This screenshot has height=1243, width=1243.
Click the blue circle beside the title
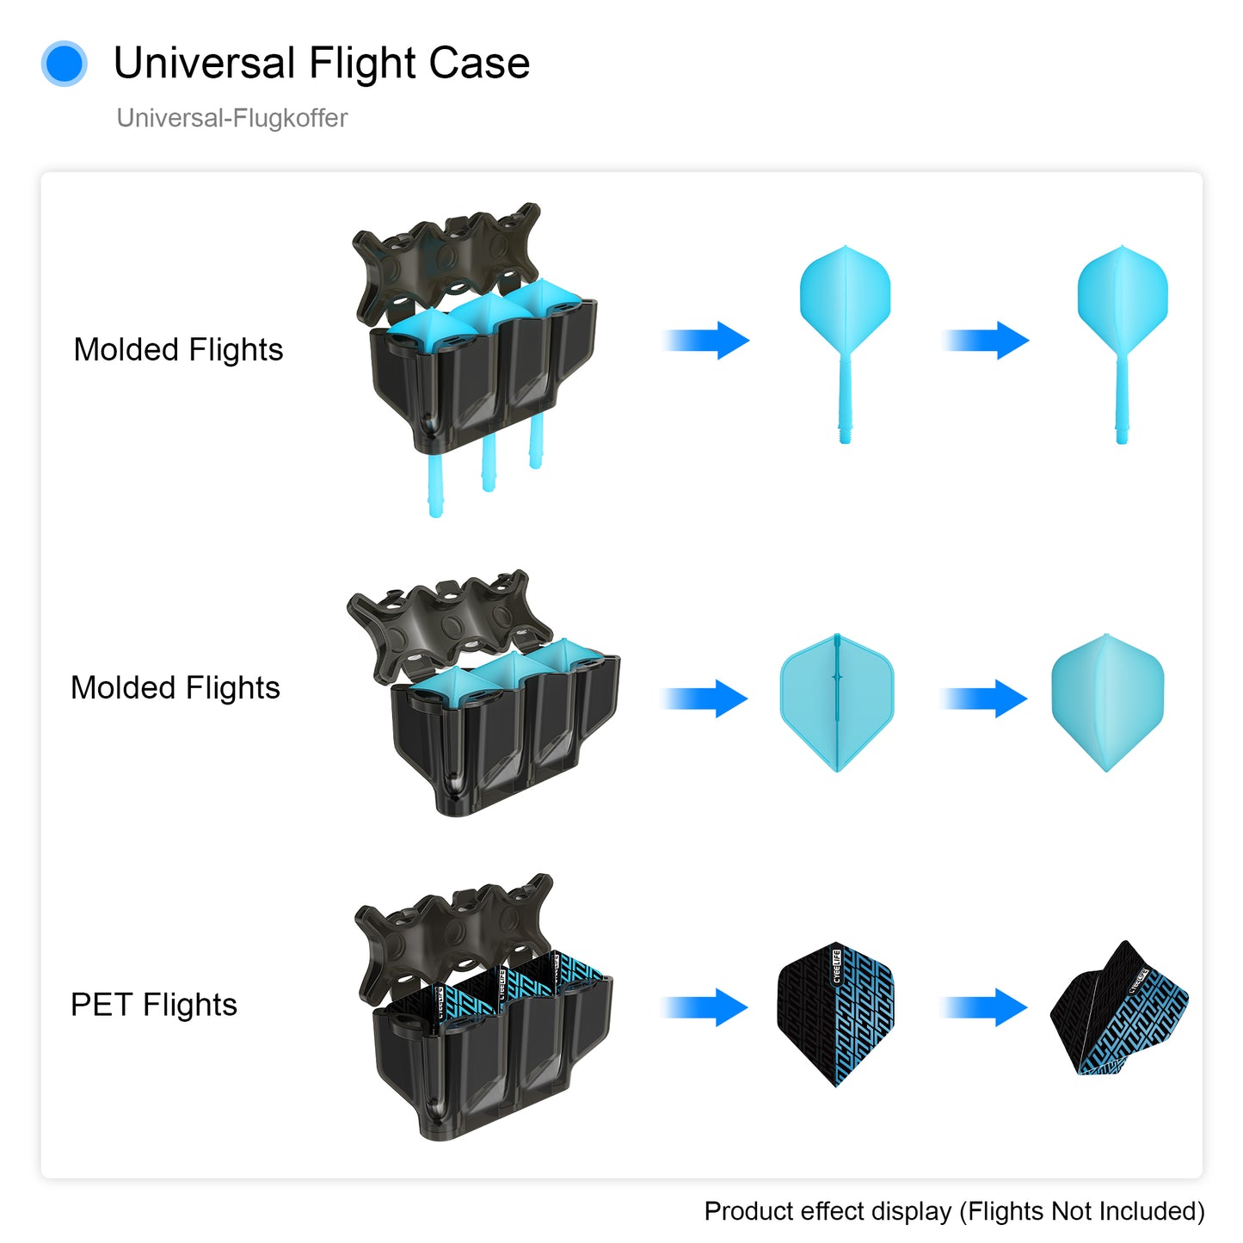64,63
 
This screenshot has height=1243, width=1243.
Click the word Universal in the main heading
205,63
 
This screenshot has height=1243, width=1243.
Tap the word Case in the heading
478,63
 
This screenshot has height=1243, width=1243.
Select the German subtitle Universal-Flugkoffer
231,118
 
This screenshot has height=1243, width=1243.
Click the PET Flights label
153,1005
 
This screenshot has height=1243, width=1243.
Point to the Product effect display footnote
954,1211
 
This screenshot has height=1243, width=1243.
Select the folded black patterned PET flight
1119,1008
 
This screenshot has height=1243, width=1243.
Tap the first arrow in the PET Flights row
705,1007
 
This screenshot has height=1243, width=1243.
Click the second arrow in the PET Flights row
984,1007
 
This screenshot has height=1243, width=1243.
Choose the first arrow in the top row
706,340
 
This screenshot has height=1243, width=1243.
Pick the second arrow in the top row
986,340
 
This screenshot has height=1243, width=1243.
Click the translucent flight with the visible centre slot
837,703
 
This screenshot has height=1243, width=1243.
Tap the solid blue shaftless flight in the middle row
1108,703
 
